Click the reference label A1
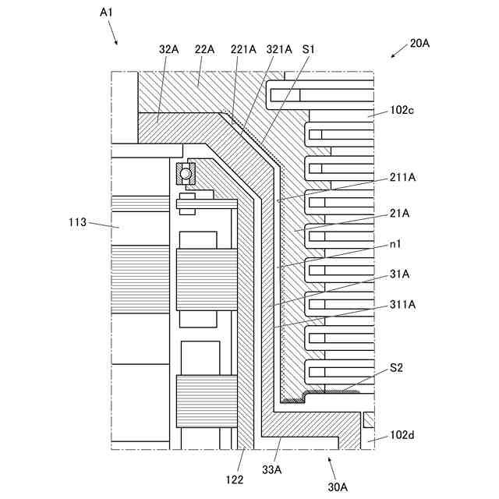tap(108, 12)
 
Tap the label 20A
tap(419, 43)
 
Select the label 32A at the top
tap(168, 48)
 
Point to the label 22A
tap(204, 48)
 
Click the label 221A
tap(243, 48)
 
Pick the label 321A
tap(280, 48)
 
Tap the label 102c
tap(402, 110)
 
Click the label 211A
tap(403, 178)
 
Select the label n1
tap(397, 243)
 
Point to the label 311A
tap(403, 305)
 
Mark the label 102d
tap(402, 434)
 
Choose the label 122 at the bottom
tap(235, 480)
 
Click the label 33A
tap(271, 470)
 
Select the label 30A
tap(338, 486)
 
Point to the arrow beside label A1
tap(114, 34)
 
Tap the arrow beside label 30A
tap(331, 468)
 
